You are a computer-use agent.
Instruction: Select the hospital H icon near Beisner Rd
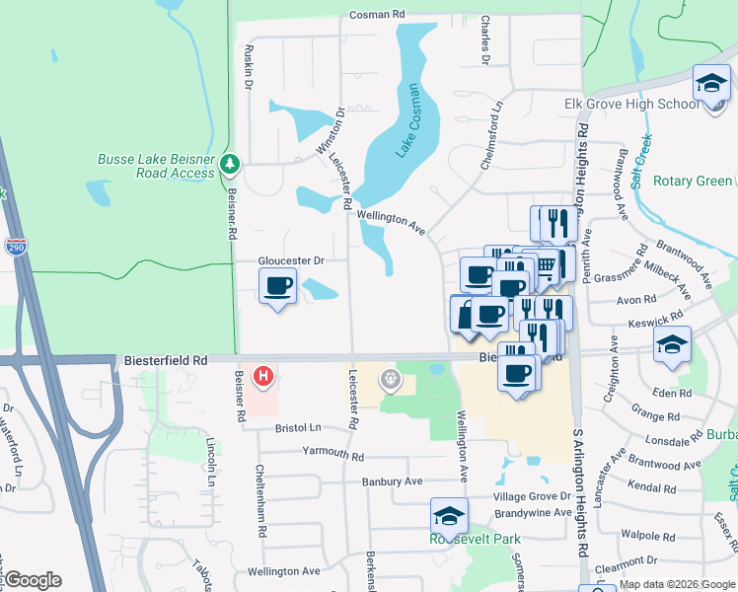(263, 376)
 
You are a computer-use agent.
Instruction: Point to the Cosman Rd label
(378, 16)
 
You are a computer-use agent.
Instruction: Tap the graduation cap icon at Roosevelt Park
(449, 516)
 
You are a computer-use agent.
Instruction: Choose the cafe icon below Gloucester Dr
(277, 287)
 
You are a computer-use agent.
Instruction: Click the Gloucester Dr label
(291, 260)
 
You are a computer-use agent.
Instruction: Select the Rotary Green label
(695, 181)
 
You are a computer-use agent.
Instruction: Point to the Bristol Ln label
(299, 428)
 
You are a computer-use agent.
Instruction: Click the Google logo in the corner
(33, 580)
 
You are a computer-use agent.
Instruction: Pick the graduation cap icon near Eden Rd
(672, 344)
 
